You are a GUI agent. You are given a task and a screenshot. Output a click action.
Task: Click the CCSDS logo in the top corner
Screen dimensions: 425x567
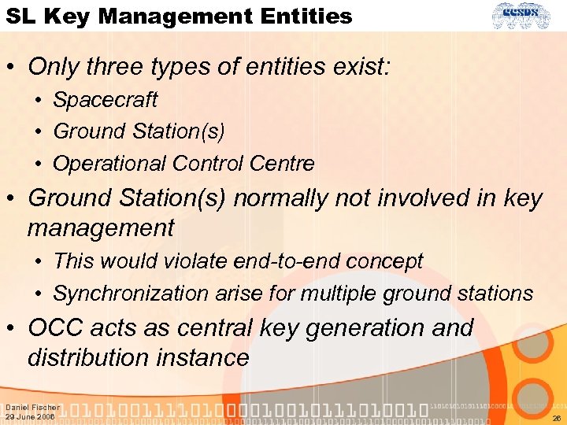tap(528, 16)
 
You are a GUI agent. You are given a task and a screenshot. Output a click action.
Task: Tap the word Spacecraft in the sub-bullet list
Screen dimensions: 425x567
tap(105, 100)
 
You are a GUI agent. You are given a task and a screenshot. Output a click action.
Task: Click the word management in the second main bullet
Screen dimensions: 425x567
tap(101, 228)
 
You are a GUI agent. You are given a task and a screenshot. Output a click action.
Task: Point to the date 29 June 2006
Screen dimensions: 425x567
tap(30, 417)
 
